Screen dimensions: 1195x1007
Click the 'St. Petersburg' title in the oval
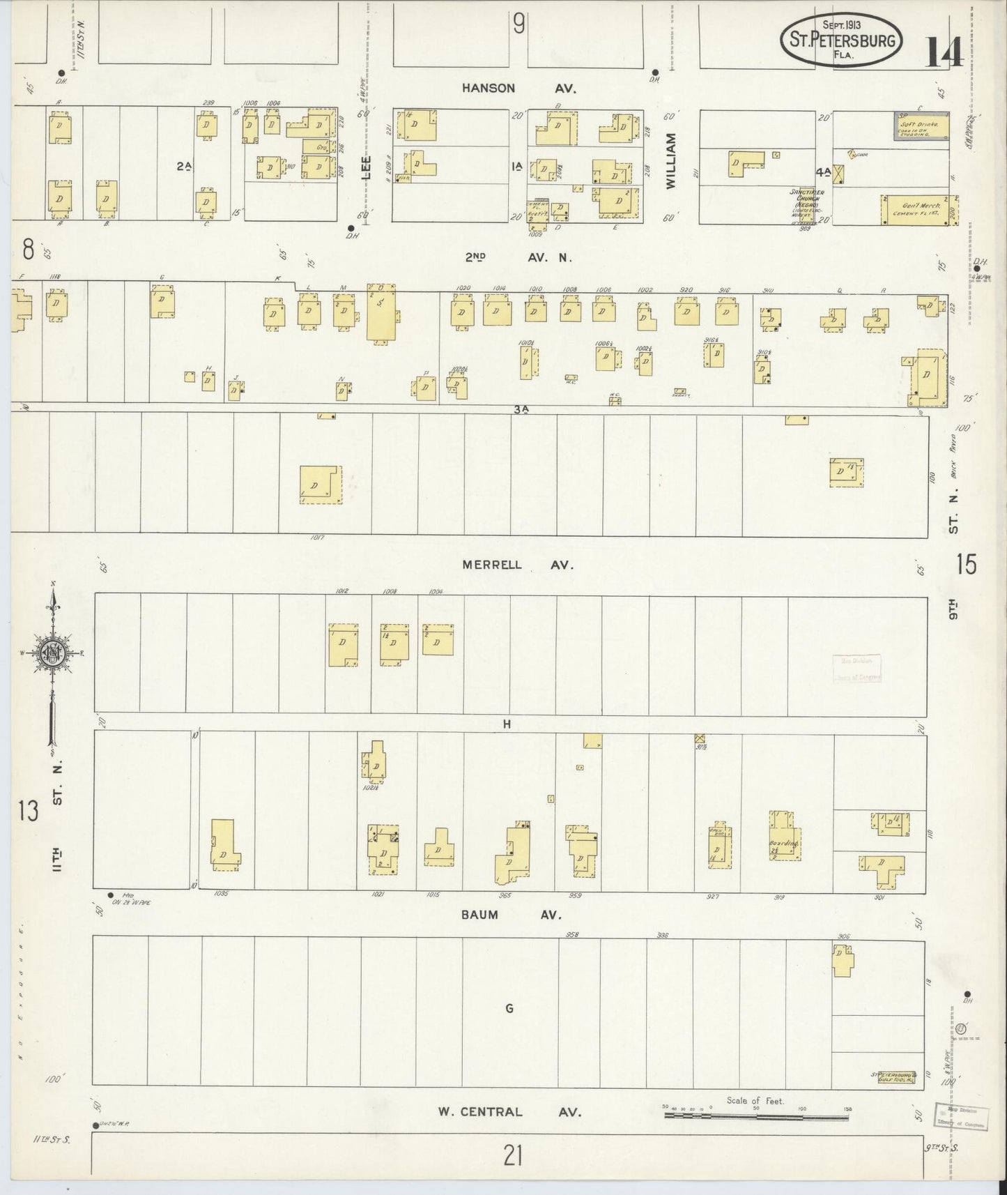coord(841,40)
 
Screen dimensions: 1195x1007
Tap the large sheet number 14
coord(944,51)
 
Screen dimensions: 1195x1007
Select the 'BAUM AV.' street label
coord(519,914)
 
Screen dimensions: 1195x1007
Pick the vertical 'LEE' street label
coord(367,168)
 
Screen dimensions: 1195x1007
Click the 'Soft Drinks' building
coord(921,127)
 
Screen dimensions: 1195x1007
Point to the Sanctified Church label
coord(807,201)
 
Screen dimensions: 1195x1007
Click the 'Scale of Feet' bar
coord(755,1116)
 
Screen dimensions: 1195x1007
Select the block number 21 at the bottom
coord(513,1157)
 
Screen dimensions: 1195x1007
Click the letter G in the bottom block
coord(509,1008)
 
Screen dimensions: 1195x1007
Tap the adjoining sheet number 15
coord(967,563)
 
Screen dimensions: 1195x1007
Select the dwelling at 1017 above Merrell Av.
coord(321,485)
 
